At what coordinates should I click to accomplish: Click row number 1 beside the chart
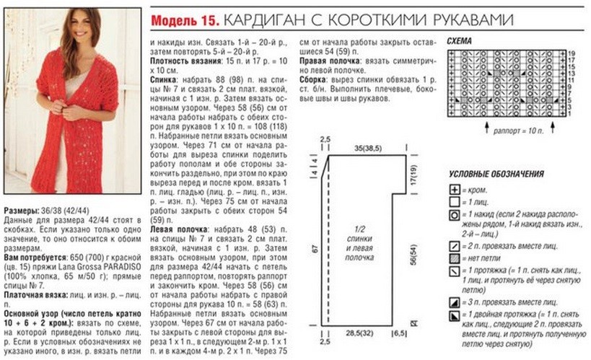570,113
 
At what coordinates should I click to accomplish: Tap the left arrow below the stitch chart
486,127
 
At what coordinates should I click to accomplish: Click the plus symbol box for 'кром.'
455,190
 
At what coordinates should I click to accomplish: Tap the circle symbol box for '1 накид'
455,216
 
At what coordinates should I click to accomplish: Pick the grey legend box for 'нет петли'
455,258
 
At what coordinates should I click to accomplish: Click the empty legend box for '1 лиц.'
455,203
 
